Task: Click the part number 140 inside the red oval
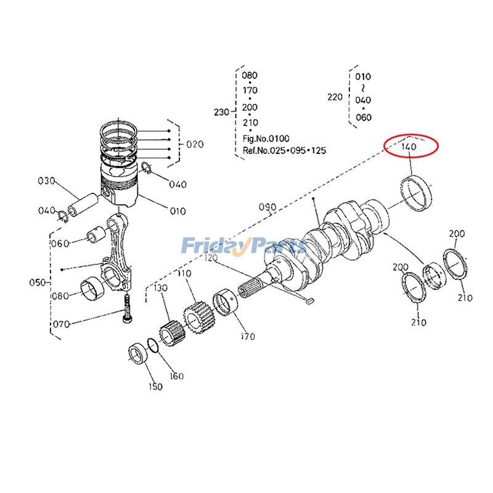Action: pyautogui.click(x=409, y=147)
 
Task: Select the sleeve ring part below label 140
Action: pyautogui.click(x=417, y=192)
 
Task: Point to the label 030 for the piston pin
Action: pyautogui.click(x=47, y=181)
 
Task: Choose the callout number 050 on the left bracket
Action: pyautogui.click(x=38, y=282)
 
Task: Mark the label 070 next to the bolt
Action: pyautogui.click(x=61, y=324)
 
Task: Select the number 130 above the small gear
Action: pyautogui.click(x=161, y=288)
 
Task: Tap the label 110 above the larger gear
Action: pyautogui.click(x=184, y=273)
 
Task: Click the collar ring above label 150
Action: pyautogui.click(x=137, y=357)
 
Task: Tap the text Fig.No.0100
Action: pyautogui.click(x=266, y=139)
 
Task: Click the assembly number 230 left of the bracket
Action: pyautogui.click(x=221, y=112)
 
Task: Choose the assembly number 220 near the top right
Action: pyautogui.click(x=334, y=97)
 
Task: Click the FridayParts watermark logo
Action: pyautogui.click(x=243, y=246)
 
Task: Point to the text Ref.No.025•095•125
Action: pyautogui.click(x=283, y=150)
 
